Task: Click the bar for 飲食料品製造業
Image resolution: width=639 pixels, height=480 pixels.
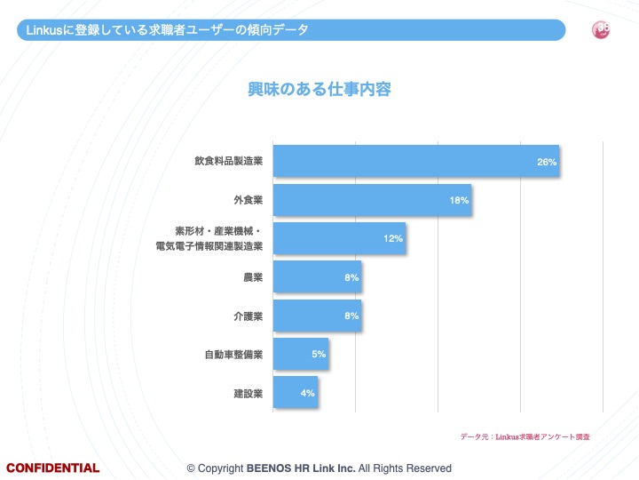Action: point(415,161)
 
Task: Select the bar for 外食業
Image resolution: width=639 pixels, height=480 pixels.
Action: point(371,200)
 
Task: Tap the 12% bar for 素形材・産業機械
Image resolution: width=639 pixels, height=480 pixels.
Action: point(339,238)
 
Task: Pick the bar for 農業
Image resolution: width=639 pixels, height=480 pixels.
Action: point(317,277)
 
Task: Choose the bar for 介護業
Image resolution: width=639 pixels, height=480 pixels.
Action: point(317,316)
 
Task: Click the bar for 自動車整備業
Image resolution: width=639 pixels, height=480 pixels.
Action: point(300,354)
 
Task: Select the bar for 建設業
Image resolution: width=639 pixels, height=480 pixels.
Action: point(295,392)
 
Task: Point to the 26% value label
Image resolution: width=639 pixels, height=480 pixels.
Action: point(547,162)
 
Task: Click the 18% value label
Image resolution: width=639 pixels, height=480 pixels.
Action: point(459,201)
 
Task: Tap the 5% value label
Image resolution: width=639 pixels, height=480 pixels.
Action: point(319,355)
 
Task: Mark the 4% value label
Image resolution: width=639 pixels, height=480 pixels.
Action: point(307,393)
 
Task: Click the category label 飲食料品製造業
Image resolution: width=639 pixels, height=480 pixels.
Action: point(228,162)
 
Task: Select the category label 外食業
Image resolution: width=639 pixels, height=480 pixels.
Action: point(247,200)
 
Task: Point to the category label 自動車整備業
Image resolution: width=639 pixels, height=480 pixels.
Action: point(233,355)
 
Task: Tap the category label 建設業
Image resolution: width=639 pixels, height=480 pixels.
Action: point(248,393)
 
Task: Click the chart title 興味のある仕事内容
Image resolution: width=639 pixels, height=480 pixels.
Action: point(319,89)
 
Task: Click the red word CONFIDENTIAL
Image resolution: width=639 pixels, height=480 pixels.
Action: point(53,468)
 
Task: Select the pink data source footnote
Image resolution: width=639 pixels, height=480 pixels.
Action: point(525,437)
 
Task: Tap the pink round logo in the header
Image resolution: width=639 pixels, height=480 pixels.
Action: point(601,30)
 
